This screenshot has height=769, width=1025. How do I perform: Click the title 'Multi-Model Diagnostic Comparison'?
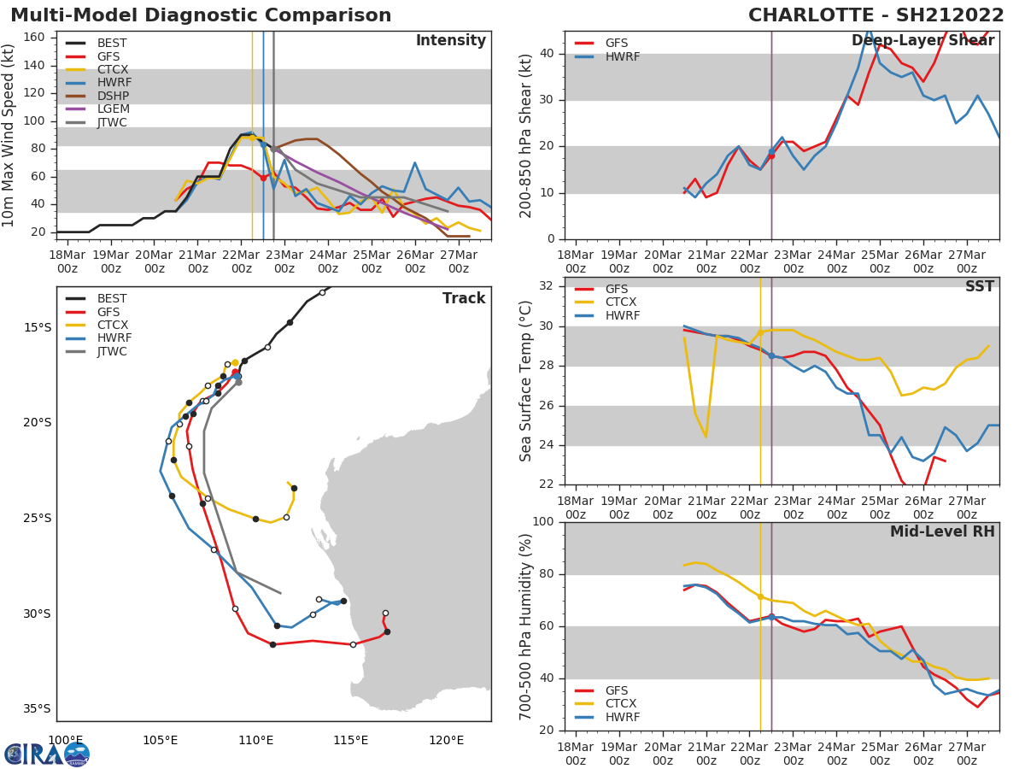pyautogui.click(x=201, y=15)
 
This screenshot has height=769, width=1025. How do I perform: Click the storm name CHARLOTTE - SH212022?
pyautogui.click(x=876, y=15)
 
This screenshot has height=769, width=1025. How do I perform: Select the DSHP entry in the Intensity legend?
pyautogui.click(x=113, y=96)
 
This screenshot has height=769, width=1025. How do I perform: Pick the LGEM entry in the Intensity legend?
pyautogui.click(x=113, y=109)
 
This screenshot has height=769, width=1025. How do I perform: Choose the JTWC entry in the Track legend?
pyautogui.click(x=113, y=351)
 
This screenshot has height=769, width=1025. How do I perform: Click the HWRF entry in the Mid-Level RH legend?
pyautogui.click(x=622, y=717)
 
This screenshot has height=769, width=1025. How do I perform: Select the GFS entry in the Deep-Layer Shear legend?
pyautogui.click(x=616, y=43)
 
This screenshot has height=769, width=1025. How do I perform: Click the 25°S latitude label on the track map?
pyautogui.click(x=38, y=518)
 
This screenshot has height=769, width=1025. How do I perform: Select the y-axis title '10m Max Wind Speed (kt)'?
pyautogui.click(x=9, y=135)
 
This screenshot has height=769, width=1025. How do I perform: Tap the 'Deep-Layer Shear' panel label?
pyautogui.click(x=923, y=41)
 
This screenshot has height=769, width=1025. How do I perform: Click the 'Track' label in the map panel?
pyautogui.click(x=464, y=298)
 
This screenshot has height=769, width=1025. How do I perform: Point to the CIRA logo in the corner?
pyautogui.click(x=47, y=754)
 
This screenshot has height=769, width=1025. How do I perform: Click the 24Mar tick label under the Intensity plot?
pyautogui.click(x=328, y=261)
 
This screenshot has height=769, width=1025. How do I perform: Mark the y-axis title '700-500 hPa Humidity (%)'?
pyautogui.click(x=527, y=626)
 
